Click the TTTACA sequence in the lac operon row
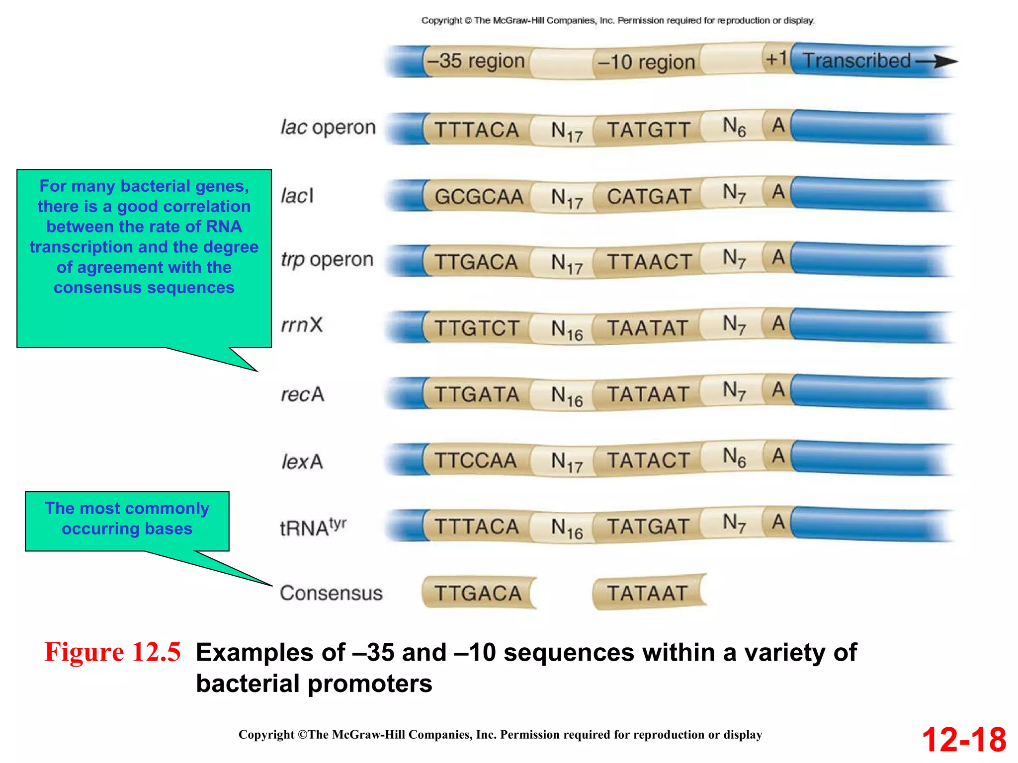coord(476,130)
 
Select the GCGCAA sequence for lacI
coord(478,197)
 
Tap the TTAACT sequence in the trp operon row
coord(649,262)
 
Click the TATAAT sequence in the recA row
coord(648,394)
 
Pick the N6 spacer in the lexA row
coord(734,457)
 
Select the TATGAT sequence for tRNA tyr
coord(648,527)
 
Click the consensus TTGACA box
coord(478,593)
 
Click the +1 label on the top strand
coord(775,59)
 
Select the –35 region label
coord(476,61)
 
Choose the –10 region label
coord(646,63)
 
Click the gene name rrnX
coord(302,325)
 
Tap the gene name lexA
coord(302,461)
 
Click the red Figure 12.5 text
coord(112,652)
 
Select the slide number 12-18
coord(963,740)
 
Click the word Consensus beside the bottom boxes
coord(331,593)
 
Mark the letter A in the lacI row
coord(778,192)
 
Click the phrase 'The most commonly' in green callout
coord(127,508)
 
